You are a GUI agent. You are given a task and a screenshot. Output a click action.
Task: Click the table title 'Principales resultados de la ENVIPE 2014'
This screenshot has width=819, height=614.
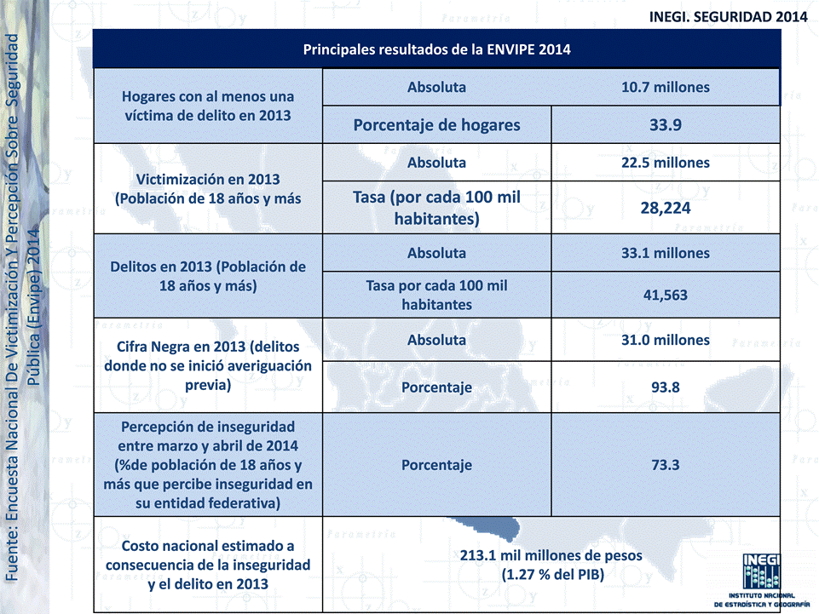click(x=436, y=49)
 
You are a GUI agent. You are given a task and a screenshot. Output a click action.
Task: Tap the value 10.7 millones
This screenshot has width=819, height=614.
click(x=665, y=87)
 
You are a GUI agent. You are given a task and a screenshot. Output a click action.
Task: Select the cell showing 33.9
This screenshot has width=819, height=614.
click(x=665, y=125)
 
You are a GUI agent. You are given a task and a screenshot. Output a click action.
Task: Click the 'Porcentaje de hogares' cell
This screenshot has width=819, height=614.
click(x=436, y=125)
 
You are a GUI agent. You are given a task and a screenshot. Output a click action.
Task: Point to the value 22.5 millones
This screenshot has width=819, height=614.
click(x=665, y=162)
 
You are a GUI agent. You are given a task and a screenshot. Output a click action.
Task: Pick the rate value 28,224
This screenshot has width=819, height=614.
click(x=665, y=208)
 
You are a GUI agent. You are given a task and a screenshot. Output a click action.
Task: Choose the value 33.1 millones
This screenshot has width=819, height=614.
click(x=665, y=253)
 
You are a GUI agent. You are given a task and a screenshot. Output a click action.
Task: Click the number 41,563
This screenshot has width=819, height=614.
click(x=665, y=296)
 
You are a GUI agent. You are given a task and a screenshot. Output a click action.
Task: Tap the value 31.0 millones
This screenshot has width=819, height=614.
click(x=665, y=340)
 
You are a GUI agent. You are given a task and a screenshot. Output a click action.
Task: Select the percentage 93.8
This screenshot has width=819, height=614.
click(x=665, y=387)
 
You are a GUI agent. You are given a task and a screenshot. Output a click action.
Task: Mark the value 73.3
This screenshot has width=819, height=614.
click(x=665, y=465)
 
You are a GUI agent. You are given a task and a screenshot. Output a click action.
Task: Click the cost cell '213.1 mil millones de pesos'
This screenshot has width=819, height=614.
click(x=551, y=565)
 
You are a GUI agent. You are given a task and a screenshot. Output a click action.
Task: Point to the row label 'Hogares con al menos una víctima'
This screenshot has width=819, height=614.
click(x=207, y=106)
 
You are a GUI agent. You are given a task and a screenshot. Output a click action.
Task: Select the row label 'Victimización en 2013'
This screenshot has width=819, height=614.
click(x=208, y=188)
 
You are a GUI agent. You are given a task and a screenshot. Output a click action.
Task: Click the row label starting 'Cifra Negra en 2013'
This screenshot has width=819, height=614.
click(x=207, y=365)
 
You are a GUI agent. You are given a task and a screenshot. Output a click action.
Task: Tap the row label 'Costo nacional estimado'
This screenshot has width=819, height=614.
click(x=207, y=564)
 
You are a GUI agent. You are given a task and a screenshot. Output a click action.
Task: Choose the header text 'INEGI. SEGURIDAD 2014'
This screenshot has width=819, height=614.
click(x=728, y=16)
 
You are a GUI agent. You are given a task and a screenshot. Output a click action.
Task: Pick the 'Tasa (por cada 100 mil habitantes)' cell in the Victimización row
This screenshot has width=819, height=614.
click(x=436, y=208)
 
